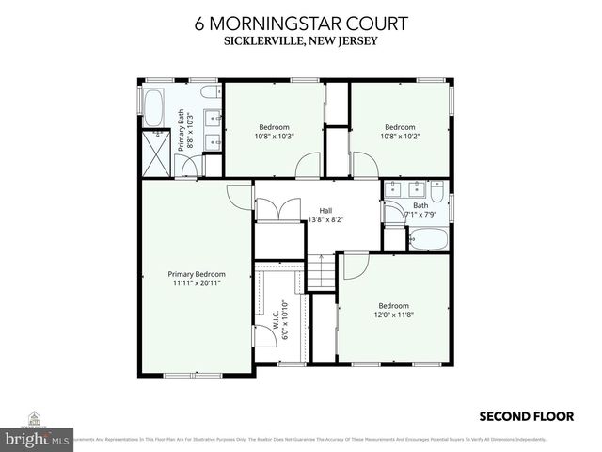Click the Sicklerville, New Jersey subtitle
(x=300, y=40)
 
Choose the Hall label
(x=325, y=210)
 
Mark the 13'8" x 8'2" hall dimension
(x=326, y=219)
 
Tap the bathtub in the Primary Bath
(x=151, y=106)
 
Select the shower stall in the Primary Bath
(x=153, y=153)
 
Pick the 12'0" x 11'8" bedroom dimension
(x=393, y=315)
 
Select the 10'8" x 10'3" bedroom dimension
(x=274, y=136)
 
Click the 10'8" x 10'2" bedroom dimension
(x=399, y=136)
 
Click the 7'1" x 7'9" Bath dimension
(x=420, y=214)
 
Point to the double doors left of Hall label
(x=277, y=209)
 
